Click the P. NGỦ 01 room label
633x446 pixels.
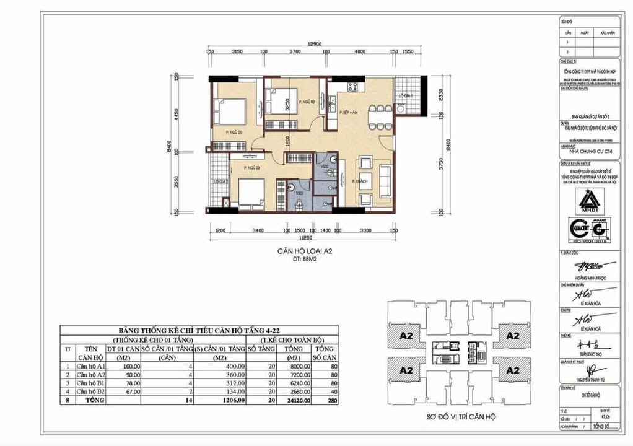coord(233,131)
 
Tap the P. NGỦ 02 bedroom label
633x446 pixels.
coord(307,102)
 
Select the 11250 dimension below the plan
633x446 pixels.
coord(304,237)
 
